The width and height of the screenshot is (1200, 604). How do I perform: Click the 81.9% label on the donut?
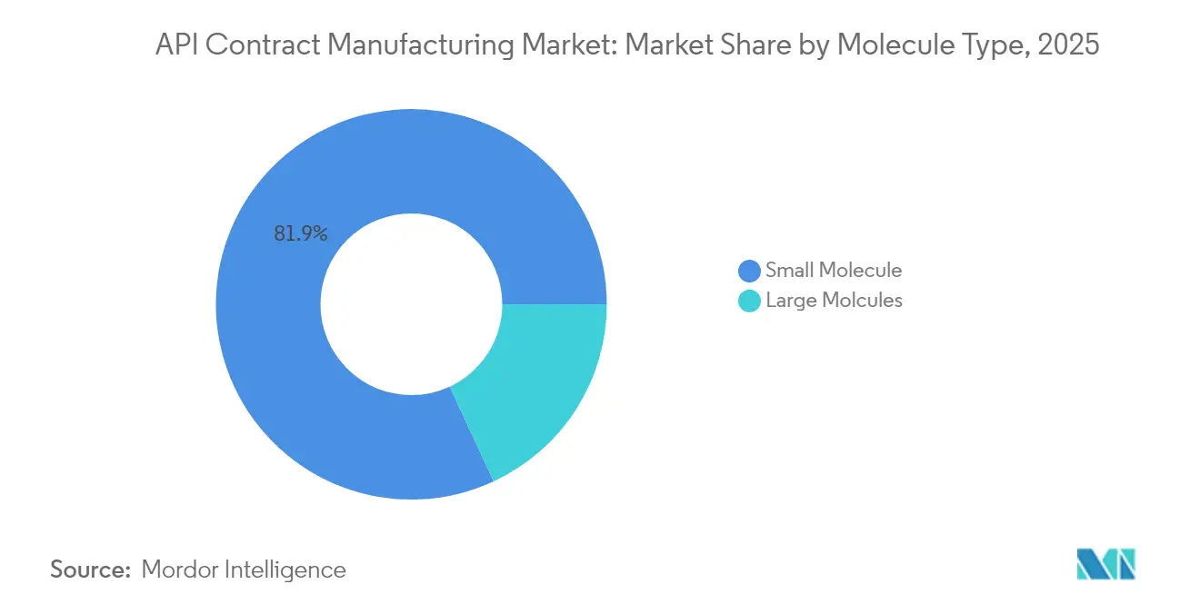(x=300, y=233)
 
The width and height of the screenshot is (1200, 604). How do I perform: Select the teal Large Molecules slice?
(x=536, y=381)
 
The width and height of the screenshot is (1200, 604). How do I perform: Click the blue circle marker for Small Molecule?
(x=749, y=271)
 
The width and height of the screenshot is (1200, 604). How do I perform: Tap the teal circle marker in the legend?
(x=749, y=302)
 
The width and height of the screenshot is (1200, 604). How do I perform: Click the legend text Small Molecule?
(x=833, y=270)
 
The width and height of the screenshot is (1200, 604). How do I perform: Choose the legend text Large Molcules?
(x=834, y=301)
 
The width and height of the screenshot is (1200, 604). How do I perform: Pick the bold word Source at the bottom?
(x=90, y=569)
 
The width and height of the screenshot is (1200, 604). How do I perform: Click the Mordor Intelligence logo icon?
(x=1105, y=564)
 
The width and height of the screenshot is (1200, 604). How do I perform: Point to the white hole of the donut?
(x=411, y=304)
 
